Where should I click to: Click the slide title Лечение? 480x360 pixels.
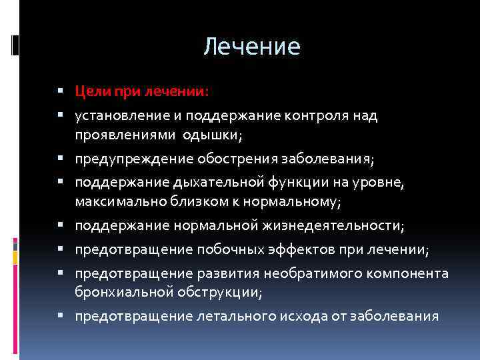click(252, 47)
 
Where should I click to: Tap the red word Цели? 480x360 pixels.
click(89, 89)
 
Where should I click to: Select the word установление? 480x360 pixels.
click(114, 116)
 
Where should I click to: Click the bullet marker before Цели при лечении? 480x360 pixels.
click(61, 89)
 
